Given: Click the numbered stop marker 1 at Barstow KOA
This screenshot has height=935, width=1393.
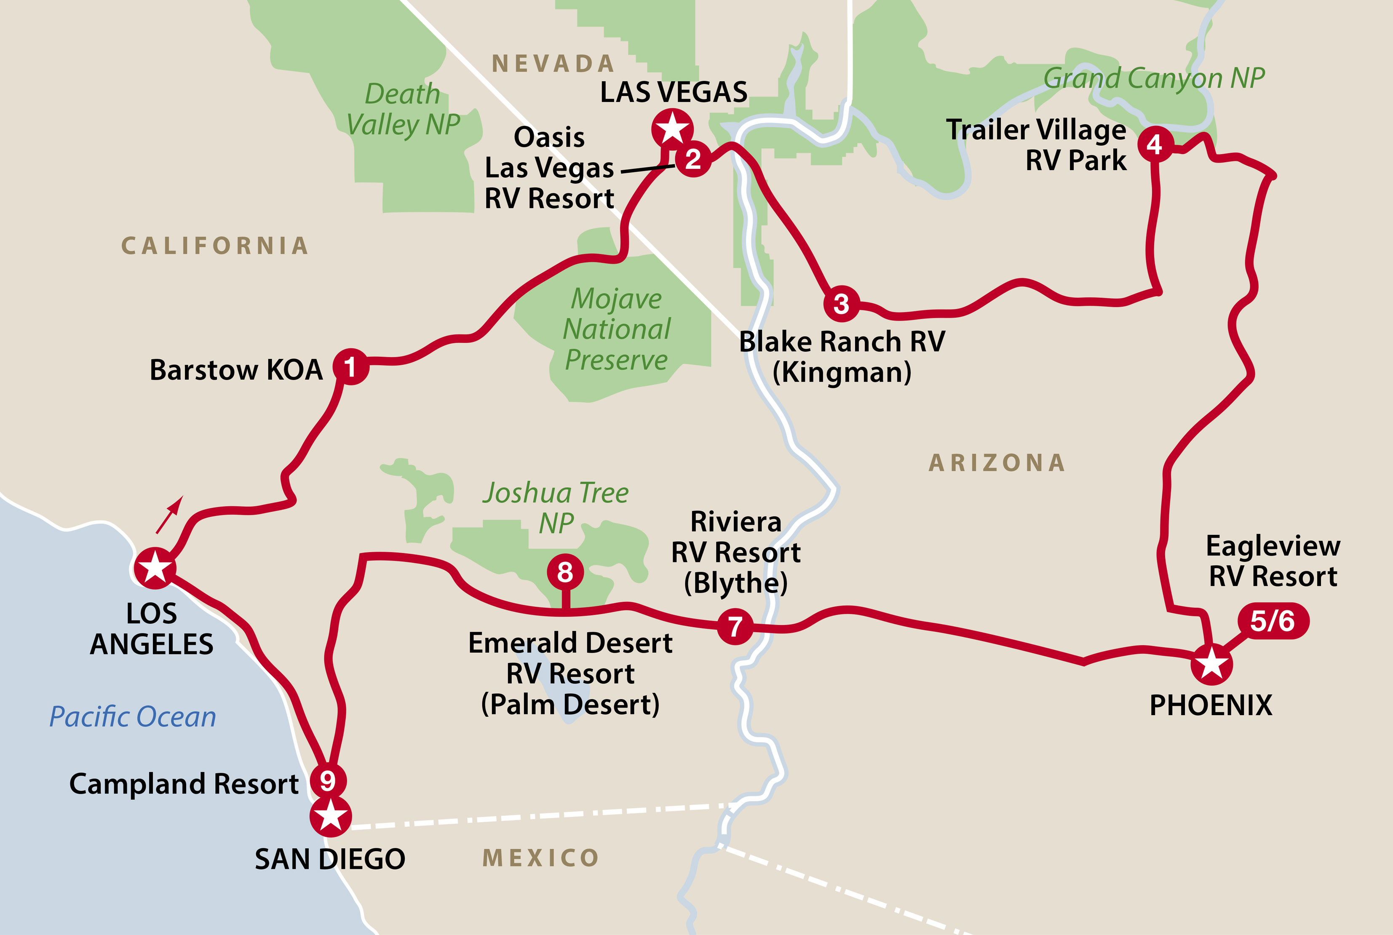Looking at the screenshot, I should pos(350,367).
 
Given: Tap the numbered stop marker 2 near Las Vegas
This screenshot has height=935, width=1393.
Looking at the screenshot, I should pos(693,159).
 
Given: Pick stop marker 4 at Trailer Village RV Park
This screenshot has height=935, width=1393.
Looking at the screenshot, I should pos(1155,144).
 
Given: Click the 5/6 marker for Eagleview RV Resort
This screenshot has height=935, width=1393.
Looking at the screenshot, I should pos(1273,621).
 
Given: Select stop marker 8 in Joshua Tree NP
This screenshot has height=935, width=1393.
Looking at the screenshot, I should pos(565,572).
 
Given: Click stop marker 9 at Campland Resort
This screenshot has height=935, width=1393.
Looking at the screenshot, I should pos(327,780).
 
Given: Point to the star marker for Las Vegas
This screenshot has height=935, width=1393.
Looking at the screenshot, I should pos(672,128).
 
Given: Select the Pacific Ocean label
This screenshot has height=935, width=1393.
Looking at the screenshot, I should pos(132,716).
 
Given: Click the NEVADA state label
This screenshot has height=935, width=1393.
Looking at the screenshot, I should pos(553,63).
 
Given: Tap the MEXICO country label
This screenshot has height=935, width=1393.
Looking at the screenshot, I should pos(540,858).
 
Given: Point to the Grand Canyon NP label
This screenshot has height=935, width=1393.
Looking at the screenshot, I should pos(1154,78).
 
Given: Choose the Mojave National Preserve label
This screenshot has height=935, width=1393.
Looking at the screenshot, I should pos(617,329).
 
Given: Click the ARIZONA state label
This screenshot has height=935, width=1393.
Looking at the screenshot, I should pos(997,463).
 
